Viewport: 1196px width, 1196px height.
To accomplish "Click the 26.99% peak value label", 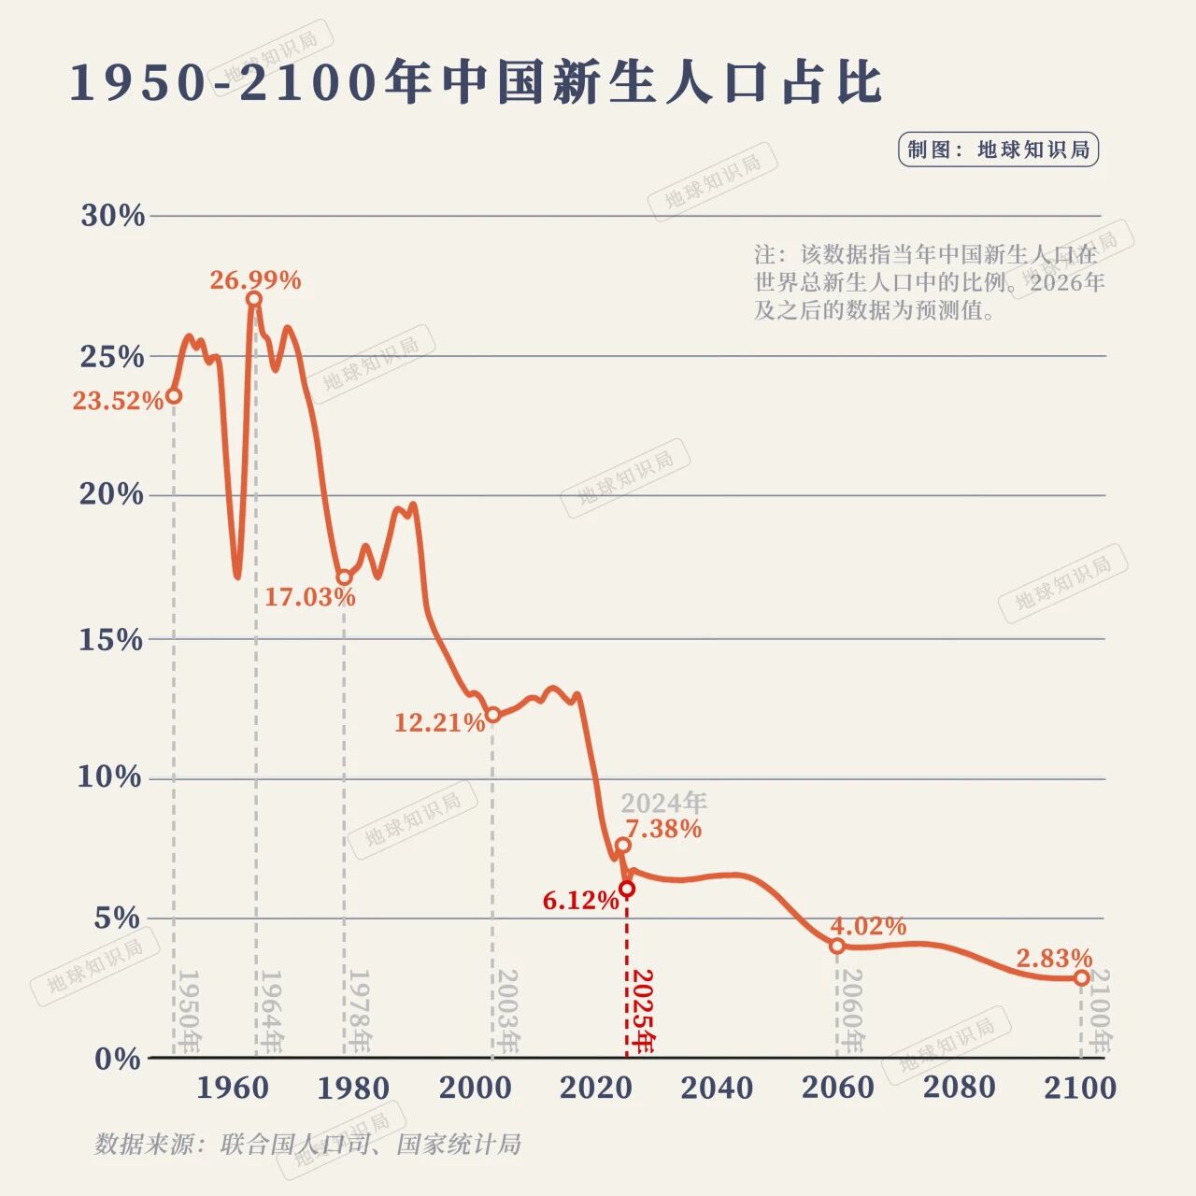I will pyautogui.click(x=255, y=280).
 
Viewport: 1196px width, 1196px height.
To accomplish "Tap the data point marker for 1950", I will pyautogui.click(x=174, y=395).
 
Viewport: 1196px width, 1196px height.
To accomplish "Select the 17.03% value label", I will pyautogui.click(x=309, y=597).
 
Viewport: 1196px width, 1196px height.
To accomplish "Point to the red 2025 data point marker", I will pyautogui.click(x=627, y=889).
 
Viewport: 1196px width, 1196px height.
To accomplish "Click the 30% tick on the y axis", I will pyautogui.click(x=113, y=216).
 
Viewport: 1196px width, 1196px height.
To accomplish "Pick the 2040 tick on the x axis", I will pyautogui.click(x=717, y=1088).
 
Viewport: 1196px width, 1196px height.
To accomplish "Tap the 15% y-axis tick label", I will pyautogui.click(x=111, y=640).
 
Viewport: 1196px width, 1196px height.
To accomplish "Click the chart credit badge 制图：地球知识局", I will pyautogui.click(x=998, y=149).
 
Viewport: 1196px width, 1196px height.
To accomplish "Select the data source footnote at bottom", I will pyautogui.click(x=307, y=1144).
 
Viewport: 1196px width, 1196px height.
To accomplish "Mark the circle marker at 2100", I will pyautogui.click(x=1081, y=977).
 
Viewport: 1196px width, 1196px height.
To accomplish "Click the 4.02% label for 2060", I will pyautogui.click(x=868, y=926).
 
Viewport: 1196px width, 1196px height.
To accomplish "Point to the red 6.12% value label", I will pyautogui.click(x=580, y=901).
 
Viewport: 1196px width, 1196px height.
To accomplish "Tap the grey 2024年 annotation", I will pyautogui.click(x=663, y=802).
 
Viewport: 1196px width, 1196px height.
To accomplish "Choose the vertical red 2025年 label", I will pyautogui.click(x=643, y=1012).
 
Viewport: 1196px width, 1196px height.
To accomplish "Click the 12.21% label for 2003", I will pyautogui.click(x=439, y=722).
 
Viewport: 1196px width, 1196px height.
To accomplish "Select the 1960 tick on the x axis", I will pyautogui.click(x=233, y=1088).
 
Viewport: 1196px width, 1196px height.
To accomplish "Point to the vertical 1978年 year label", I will pyautogui.click(x=360, y=1012).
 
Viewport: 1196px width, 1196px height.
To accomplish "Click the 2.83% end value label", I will pyautogui.click(x=1054, y=959).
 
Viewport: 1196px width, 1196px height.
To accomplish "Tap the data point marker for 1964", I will pyautogui.click(x=254, y=299).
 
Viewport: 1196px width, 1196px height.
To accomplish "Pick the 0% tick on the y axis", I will pyautogui.click(x=118, y=1059).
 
